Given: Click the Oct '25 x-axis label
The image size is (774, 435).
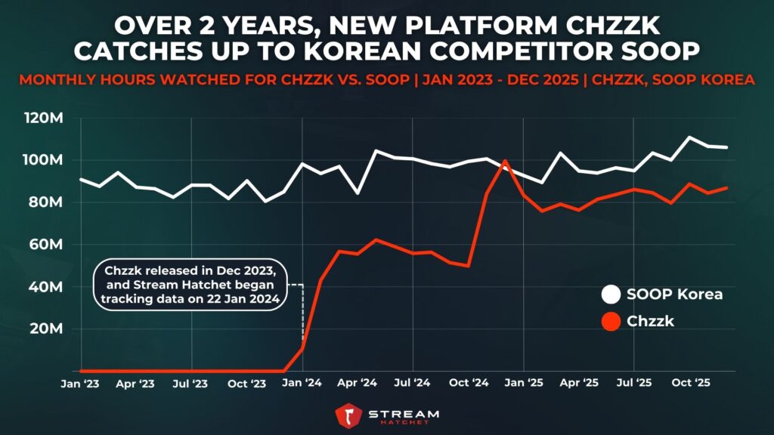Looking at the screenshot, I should (690, 384).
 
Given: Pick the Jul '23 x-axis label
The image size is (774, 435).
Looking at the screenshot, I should (191, 384).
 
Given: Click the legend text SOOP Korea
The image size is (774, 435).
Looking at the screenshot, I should (674, 295).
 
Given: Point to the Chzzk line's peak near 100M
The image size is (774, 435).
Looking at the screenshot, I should (505, 161).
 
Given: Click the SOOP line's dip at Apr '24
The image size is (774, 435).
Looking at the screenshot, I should (358, 193).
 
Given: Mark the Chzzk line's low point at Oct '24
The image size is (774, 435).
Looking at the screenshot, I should (469, 266).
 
